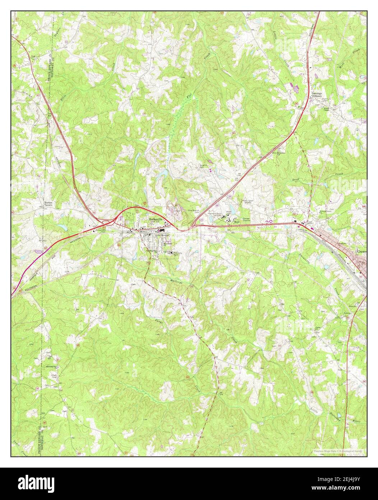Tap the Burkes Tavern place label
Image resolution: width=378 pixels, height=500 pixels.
[x=48, y=204]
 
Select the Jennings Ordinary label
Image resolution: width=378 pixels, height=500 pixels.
[x=317, y=95]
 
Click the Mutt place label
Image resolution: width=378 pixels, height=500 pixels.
[x=236, y=222]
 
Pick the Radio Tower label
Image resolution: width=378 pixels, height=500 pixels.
[x=248, y=201]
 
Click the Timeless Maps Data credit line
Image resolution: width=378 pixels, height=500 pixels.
[x=337, y=451]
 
